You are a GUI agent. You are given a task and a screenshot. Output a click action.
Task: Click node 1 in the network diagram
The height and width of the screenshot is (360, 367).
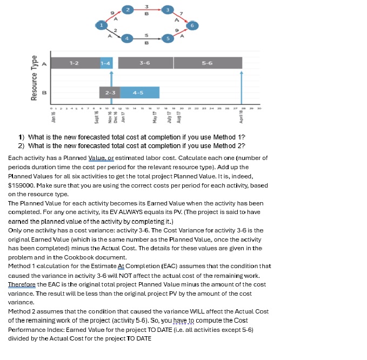(100, 24)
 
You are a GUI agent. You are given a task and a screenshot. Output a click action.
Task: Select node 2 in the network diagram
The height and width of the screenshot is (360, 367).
(128, 10)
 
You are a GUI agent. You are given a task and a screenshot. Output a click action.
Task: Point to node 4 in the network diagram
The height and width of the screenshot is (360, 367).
(128, 39)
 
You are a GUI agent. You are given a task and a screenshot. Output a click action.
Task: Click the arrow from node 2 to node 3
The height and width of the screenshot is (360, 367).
(148, 10)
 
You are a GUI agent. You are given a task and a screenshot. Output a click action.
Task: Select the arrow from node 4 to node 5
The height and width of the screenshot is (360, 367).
(148, 39)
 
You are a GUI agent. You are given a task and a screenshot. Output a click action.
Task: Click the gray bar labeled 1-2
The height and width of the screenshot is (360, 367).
(75, 63)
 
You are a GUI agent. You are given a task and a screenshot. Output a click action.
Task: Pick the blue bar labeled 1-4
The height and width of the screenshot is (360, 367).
(106, 63)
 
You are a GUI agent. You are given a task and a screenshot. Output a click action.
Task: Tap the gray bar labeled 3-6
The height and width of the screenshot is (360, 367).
(145, 63)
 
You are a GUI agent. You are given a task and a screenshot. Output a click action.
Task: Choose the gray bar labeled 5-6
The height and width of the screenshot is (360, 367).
(207, 63)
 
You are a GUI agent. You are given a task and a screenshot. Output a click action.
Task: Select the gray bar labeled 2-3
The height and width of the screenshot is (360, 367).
(110, 92)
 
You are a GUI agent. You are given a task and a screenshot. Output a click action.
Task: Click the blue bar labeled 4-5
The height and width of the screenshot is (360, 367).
(139, 92)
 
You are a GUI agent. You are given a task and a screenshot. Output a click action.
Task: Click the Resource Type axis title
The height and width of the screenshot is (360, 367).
(35, 78)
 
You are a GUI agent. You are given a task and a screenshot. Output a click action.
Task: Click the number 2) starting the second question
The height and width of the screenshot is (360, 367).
(22, 146)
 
